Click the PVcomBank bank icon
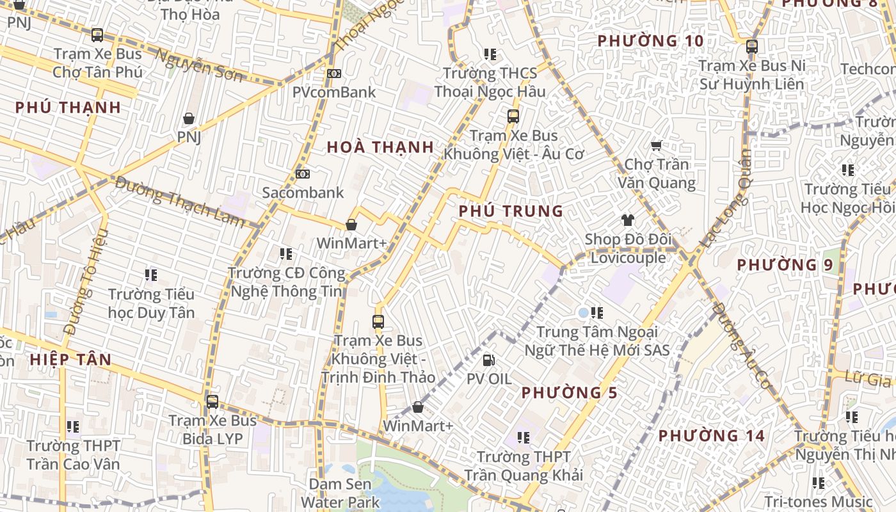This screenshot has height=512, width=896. (x=333, y=74)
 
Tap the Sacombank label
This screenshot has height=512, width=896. (x=303, y=193)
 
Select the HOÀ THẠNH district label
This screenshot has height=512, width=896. (x=380, y=147)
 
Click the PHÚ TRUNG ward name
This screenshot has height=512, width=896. (x=511, y=211)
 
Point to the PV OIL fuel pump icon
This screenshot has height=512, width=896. (x=489, y=360)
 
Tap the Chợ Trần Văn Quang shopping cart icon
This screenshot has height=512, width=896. (x=656, y=146)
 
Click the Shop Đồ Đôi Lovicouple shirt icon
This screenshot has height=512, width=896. (x=627, y=221)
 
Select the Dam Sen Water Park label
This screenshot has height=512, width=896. (x=340, y=493)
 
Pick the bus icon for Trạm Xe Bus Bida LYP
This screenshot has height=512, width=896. (x=212, y=402)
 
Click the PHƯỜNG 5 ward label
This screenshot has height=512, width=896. (x=569, y=393)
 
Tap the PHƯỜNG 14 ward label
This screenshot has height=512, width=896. (x=711, y=436)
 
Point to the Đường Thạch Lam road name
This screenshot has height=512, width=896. (x=180, y=201)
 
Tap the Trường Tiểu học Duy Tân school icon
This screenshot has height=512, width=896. (x=151, y=275)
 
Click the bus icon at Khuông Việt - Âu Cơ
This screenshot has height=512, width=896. (x=513, y=116)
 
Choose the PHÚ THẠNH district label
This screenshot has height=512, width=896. (x=68, y=108)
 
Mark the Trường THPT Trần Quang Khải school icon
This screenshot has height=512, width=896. (x=524, y=438)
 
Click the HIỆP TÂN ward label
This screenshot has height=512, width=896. (x=70, y=360)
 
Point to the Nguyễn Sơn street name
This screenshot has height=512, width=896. (x=199, y=67)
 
